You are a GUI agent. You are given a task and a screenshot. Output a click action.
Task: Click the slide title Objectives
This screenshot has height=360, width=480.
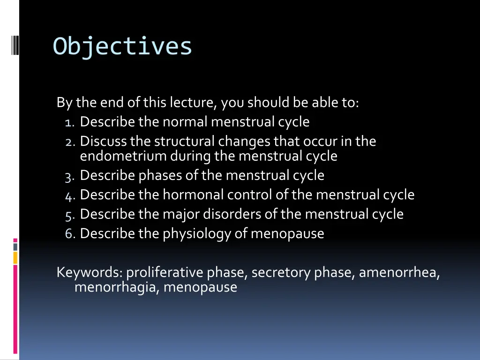point(122,46)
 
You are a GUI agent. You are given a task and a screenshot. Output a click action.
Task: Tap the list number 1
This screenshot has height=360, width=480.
point(70,123)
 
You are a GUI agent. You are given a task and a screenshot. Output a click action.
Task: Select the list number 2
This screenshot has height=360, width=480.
point(70,142)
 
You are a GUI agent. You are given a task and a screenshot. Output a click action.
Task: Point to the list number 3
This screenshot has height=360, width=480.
point(70,176)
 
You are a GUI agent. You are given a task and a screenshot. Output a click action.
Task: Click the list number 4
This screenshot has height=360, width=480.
point(70,195)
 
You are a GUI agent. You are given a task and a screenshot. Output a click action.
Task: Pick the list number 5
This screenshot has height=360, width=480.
point(70,215)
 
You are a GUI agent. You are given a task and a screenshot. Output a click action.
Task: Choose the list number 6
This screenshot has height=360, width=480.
point(70,234)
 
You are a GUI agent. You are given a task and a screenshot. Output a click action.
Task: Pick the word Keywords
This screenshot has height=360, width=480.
point(89,272)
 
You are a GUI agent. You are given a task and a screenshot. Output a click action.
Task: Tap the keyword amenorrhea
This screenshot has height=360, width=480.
point(399,272)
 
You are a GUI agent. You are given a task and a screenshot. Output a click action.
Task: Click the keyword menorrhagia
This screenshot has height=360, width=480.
point(117,287)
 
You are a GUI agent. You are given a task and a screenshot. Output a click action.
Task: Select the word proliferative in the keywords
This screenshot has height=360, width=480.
point(165,273)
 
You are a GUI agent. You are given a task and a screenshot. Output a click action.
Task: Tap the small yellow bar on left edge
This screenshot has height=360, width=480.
point(15,257)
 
